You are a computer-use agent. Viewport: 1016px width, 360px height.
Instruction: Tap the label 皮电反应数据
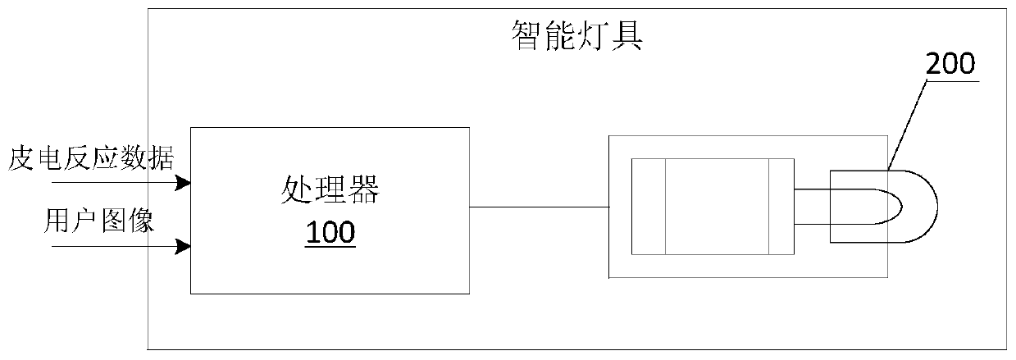click(90, 156)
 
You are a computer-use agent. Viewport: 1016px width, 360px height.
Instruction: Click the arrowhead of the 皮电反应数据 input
click(186, 181)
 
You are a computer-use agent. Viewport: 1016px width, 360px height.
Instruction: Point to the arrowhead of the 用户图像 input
click(186, 246)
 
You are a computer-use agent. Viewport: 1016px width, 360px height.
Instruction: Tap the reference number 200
click(950, 65)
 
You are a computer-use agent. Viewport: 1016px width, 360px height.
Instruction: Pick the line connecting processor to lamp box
click(540, 206)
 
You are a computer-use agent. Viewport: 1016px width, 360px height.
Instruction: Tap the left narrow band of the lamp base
click(648, 207)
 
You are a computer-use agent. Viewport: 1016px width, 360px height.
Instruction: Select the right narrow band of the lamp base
click(781, 207)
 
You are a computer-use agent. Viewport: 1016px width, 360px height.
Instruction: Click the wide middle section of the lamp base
click(716, 207)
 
